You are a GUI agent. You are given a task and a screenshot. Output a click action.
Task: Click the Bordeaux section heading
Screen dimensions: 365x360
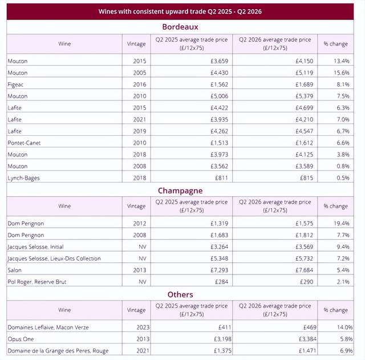(x=180, y=27)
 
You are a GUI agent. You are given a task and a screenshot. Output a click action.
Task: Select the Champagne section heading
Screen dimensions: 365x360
(x=180, y=191)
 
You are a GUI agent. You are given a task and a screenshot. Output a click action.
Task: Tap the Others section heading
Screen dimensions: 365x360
(x=180, y=294)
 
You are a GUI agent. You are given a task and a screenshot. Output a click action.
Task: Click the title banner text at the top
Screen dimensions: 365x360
(x=180, y=11)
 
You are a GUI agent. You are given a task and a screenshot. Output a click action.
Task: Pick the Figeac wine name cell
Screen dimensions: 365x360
(x=15, y=84)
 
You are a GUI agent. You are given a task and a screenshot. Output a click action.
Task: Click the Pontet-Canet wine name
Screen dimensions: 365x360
(x=24, y=143)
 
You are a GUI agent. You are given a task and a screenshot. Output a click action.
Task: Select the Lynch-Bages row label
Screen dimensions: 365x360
(x=23, y=178)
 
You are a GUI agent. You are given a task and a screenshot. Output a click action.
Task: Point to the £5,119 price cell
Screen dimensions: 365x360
(x=304, y=72)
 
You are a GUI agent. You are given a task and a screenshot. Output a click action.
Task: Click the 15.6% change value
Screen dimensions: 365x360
(x=341, y=72)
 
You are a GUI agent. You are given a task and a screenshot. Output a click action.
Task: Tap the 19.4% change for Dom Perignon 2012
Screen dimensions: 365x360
(x=341, y=223)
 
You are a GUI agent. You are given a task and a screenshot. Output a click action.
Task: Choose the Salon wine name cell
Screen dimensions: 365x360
(x=14, y=270)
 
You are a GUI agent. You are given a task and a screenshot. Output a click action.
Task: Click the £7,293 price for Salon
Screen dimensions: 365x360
(x=219, y=270)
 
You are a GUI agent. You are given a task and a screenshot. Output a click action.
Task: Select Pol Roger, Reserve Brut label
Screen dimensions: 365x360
(x=37, y=282)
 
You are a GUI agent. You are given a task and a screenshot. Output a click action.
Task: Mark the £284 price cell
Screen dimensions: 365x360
(x=221, y=282)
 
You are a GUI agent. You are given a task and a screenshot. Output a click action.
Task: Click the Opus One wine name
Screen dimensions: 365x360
(x=21, y=339)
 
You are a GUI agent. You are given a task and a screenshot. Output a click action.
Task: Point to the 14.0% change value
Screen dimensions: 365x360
(x=344, y=327)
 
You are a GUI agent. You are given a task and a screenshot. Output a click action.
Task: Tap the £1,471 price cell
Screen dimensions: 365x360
(x=307, y=351)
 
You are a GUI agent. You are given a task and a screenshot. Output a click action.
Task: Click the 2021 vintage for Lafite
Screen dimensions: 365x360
(x=140, y=119)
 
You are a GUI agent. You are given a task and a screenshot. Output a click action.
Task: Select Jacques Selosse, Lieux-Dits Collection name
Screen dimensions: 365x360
(x=54, y=258)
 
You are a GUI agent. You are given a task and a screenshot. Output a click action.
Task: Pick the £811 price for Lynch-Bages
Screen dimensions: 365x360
(x=221, y=178)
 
